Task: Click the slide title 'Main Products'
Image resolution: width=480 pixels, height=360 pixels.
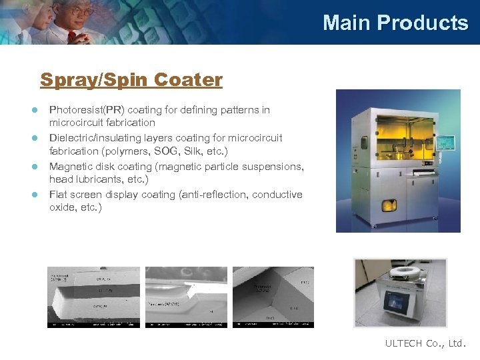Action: [395, 23]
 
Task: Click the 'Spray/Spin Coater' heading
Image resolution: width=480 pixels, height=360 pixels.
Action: [131, 80]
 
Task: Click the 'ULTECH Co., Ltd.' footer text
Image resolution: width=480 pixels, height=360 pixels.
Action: [425, 343]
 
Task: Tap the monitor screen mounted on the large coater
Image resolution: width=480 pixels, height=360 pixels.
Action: [445, 143]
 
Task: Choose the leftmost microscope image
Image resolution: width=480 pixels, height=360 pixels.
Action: [93, 297]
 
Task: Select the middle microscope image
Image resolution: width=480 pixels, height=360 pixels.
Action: [186, 297]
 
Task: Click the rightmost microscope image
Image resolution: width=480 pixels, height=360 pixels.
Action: [273, 297]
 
